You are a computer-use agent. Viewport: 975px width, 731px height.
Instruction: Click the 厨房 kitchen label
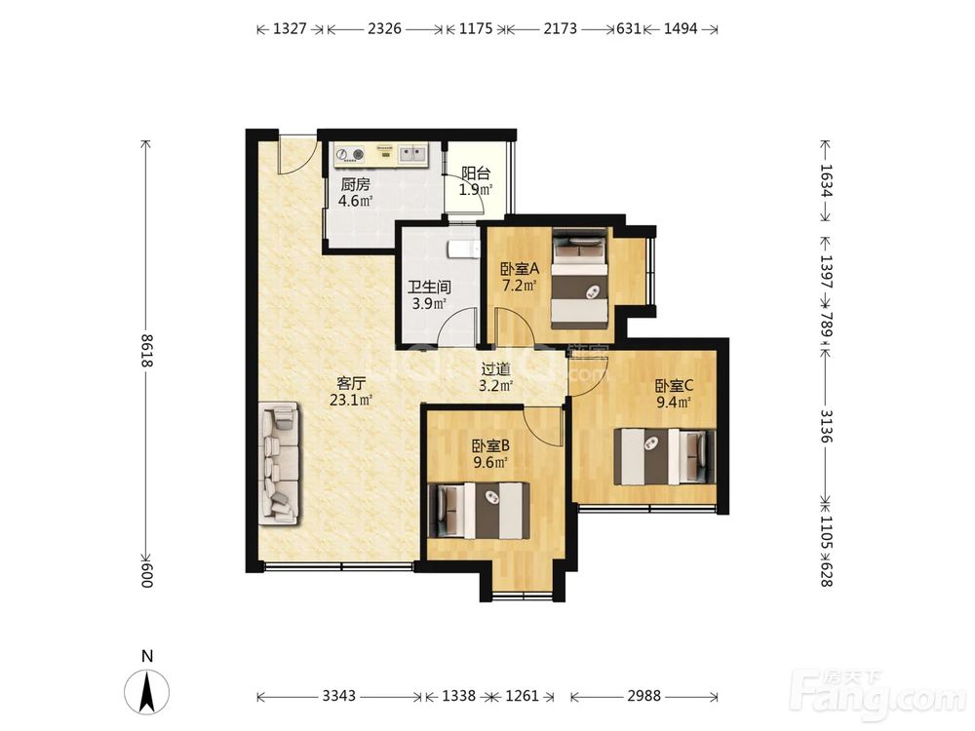tap(356, 184)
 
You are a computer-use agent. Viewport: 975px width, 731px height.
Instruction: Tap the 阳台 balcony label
tap(476, 173)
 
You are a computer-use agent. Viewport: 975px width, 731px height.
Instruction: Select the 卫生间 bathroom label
tap(429, 288)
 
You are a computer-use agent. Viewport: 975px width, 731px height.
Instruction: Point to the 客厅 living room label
tap(351, 383)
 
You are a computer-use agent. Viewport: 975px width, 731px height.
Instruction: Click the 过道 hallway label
tap(495, 369)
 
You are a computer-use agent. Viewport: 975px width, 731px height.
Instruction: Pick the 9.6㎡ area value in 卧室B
tap(490, 462)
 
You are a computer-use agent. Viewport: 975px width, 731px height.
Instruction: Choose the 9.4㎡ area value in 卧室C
tap(674, 403)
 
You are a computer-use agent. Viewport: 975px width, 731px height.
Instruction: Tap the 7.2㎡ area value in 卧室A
tap(520, 286)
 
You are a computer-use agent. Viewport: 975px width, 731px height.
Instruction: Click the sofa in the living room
tap(279, 462)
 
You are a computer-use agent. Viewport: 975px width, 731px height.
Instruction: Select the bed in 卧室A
tap(580, 279)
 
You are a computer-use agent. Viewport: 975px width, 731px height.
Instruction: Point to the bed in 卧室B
tap(480, 511)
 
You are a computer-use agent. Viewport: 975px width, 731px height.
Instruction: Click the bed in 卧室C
tap(665, 456)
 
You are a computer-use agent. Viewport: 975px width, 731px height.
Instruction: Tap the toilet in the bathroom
tap(462, 249)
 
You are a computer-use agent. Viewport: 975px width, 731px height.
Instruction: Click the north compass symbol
tap(147, 691)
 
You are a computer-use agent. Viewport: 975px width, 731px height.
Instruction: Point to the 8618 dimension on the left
tap(147, 351)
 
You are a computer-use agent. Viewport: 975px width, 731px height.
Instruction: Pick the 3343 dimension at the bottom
tap(339, 696)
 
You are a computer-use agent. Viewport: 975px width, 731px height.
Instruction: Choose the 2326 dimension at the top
tap(384, 28)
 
